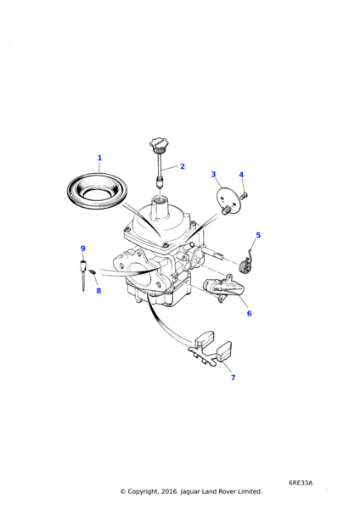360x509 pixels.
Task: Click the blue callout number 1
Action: (x=99, y=158)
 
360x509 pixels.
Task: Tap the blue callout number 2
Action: (x=183, y=166)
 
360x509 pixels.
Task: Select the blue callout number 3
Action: (x=213, y=174)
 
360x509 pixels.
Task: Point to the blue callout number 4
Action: (x=241, y=175)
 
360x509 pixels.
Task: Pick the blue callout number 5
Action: (x=258, y=235)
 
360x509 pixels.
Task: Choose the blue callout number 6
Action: (x=250, y=313)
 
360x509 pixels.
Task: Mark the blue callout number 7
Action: (x=233, y=378)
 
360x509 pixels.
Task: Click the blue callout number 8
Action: (x=98, y=290)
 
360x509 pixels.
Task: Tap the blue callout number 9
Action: (x=83, y=249)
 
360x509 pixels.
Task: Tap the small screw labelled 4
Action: (x=245, y=195)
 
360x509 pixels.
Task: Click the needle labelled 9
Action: (x=83, y=274)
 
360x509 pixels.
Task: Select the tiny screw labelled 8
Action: (x=93, y=271)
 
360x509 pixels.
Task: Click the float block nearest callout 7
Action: (x=224, y=351)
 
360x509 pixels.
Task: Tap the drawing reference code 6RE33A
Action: (x=301, y=483)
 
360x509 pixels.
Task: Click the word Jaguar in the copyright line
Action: (x=190, y=491)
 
